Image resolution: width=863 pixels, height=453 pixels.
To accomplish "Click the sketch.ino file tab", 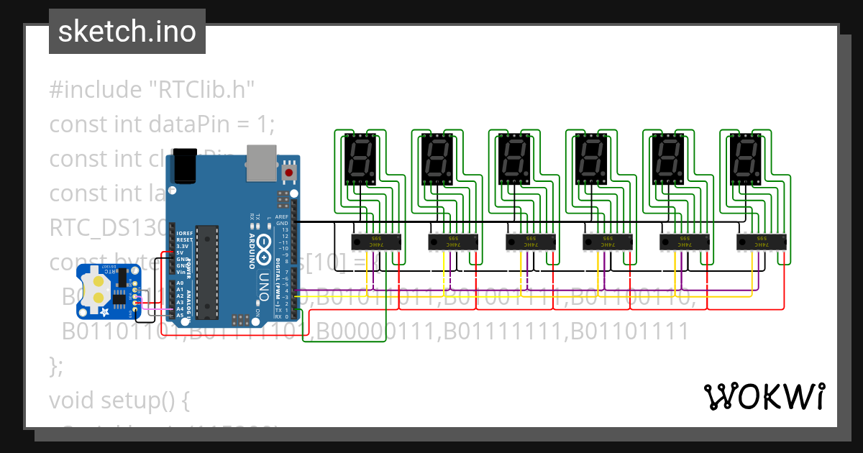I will point(127,32).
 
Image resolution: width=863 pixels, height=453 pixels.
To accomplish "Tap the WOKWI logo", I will point(764,396).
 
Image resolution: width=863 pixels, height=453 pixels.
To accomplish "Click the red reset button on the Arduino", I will point(290,173).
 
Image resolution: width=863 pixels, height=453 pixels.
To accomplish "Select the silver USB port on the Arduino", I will point(260,162).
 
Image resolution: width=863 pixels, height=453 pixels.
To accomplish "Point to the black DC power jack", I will point(185,166).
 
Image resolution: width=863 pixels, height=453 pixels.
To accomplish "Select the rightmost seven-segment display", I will point(744,160).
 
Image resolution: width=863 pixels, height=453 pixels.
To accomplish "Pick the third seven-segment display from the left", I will point(513,160).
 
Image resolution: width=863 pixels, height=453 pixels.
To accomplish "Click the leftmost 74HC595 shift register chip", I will point(375,242).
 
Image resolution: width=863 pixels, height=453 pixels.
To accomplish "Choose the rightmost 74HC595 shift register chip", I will point(762,242).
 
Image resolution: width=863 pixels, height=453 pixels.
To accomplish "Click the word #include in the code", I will point(96,90).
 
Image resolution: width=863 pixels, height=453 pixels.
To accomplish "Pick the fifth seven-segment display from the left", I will point(667,160).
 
